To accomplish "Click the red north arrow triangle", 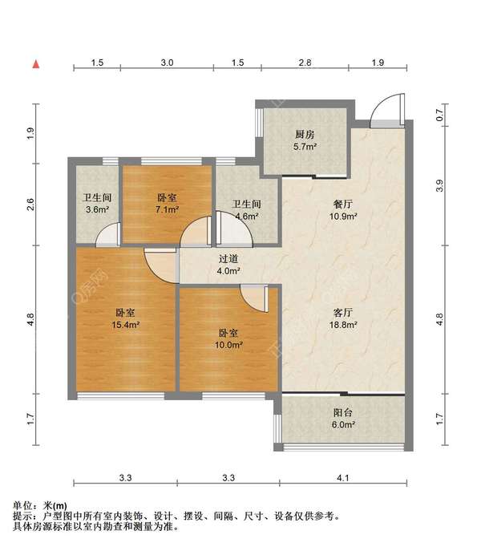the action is point(36,64).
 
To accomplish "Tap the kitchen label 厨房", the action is point(305,134).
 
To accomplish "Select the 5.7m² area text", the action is point(305,147).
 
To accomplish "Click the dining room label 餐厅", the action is point(343,204).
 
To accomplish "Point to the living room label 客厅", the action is point(343,313).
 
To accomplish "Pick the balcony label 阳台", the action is point(343,412).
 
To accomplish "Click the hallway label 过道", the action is point(228,259).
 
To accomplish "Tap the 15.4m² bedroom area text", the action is point(125,325).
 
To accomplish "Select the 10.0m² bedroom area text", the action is point(228,345).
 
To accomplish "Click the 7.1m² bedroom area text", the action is point(168,210).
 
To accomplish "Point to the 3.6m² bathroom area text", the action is point(97,210).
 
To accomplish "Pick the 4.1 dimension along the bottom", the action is point(343,478).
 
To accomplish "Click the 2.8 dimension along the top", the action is point(305,63).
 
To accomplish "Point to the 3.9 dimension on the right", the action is point(439,185).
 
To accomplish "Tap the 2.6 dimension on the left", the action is point(30,205).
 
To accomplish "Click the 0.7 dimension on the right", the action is point(439,115).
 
